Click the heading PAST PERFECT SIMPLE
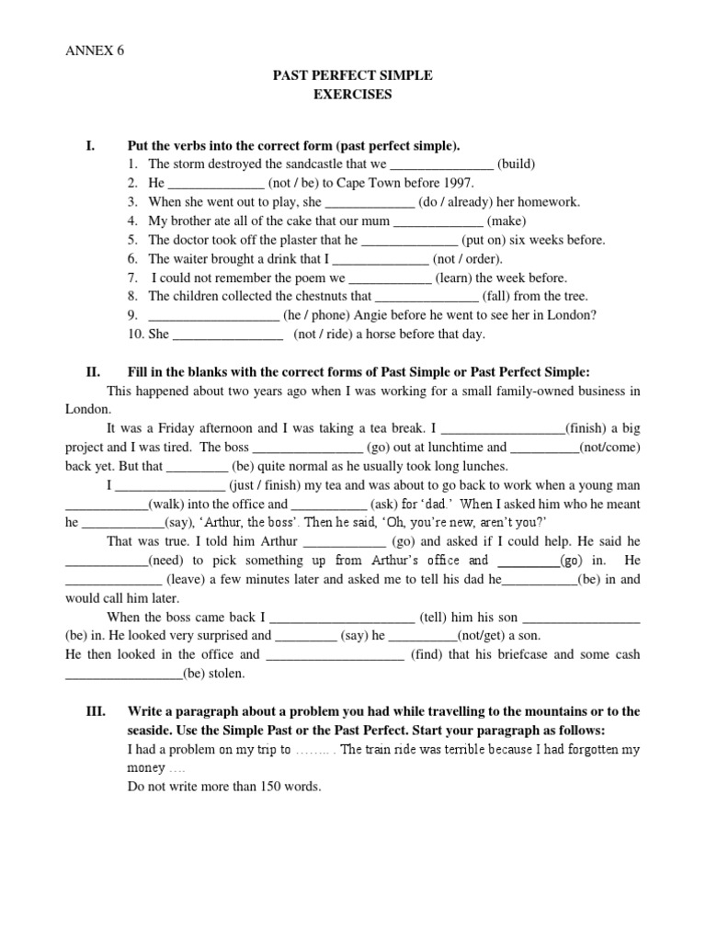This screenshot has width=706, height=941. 352,75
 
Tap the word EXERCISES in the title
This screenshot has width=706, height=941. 352,95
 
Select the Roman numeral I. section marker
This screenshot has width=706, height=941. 90,146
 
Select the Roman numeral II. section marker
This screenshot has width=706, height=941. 92,371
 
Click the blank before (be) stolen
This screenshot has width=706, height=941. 123,674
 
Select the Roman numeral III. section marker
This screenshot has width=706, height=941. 95,711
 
